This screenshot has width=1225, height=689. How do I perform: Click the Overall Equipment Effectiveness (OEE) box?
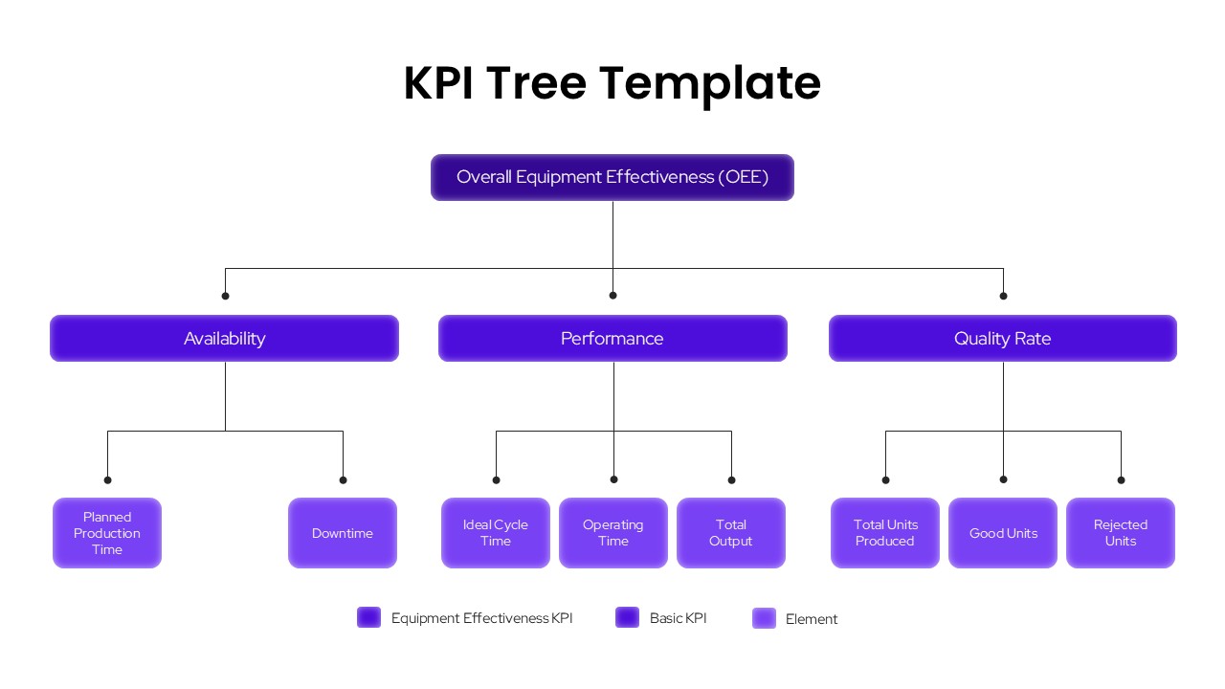pyautogui.click(x=612, y=177)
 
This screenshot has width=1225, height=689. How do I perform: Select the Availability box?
pyautogui.click(x=224, y=338)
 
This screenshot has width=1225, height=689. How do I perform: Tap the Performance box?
pyautogui.click(x=612, y=338)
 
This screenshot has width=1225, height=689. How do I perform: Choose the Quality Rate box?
pyautogui.click(x=1002, y=338)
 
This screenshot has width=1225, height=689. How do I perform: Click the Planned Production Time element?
pyautogui.click(x=107, y=533)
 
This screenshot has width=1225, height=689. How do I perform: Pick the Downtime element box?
pyautogui.click(x=343, y=533)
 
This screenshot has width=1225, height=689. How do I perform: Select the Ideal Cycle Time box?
pyautogui.click(x=496, y=533)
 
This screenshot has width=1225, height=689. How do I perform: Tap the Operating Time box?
pyautogui.click(x=613, y=533)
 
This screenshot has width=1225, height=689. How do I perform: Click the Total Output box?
pyautogui.click(x=731, y=533)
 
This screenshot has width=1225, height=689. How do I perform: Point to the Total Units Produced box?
pyautogui.click(x=885, y=533)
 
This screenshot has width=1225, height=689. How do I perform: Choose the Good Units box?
pyautogui.click(x=1003, y=533)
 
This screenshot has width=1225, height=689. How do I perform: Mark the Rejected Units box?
pyautogui.click(x=1121, y=533)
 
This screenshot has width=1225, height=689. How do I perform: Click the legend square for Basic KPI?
pyautogui.click(x=627, y=617)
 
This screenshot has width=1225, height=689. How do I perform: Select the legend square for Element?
pyautogui.click(x=764, y=618)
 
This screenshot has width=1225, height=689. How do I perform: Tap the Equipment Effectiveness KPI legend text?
pyautogui.click(x=481, y=618)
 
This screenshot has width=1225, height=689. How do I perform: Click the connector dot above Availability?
pyautogui.click(x=225, y=296)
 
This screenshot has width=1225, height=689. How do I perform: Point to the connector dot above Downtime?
pyautogui.click(x=343, y=479)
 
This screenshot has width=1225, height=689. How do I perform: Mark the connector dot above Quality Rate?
pyautogui.click(x=1003, y=296)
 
